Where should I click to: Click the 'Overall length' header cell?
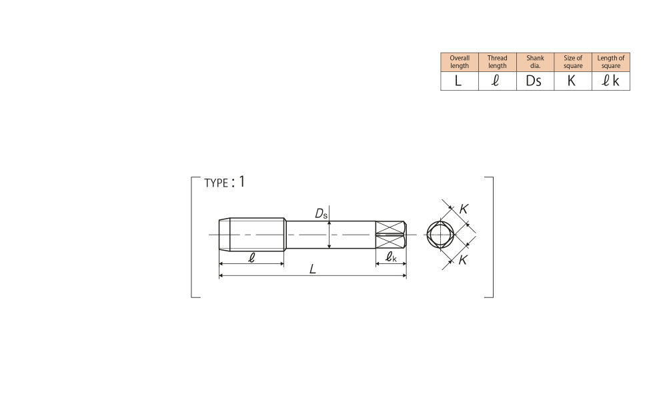click(460, 62)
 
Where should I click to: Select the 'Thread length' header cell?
click(498, 62)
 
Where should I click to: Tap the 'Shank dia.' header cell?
click(535, 62)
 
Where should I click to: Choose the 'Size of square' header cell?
click(573, 62)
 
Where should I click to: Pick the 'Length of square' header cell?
click(611, 62)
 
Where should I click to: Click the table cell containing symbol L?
click(460, 81)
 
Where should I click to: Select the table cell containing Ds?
click(535, 81)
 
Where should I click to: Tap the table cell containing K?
click(573, 81)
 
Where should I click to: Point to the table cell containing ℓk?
click(611, 81)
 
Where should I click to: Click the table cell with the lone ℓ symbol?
click(498, 81)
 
